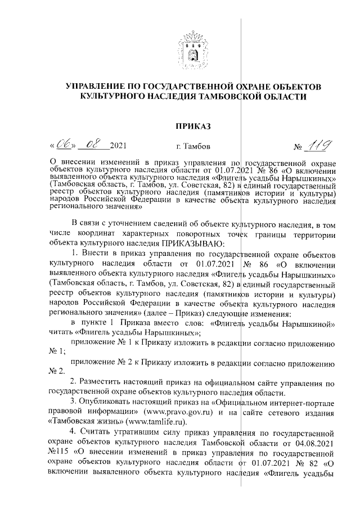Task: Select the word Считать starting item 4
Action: pyautogui.click(x=100, y=432)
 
